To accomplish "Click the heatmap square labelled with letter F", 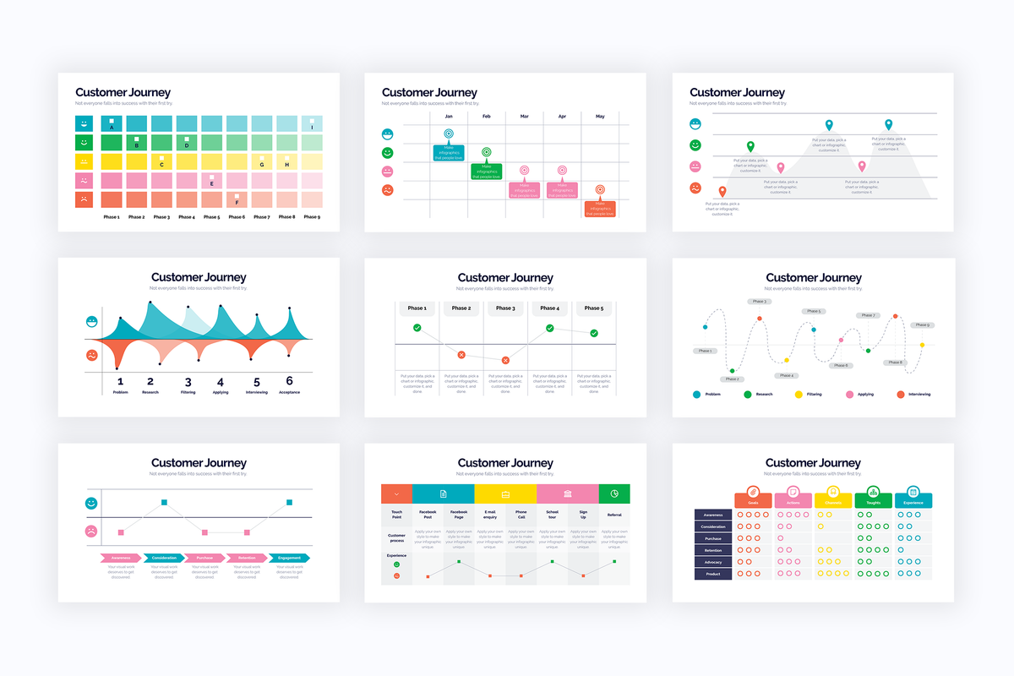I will pos(237,199).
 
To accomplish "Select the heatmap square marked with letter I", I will pos(312,123).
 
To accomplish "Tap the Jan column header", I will pos(449,116).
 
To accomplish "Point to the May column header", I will pos(600,116).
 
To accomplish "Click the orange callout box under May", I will pos(600,209).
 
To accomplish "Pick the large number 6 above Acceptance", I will pos(289,381).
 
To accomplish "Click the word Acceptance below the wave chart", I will pos(289,392).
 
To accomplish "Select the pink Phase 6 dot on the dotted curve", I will pos(841,340).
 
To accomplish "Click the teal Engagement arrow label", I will pos(289,558).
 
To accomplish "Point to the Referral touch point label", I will pos(614,515).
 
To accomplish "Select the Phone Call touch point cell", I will pos(521,515).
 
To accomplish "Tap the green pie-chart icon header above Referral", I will pos(614,493).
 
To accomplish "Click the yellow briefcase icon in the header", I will pos(506,493).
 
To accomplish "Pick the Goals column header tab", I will pos(753,500).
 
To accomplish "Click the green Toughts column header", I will pos(874,500).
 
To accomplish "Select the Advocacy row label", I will pos(713,562).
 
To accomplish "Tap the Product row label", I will pos(713,574).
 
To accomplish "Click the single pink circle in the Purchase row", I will pos(780,537).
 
